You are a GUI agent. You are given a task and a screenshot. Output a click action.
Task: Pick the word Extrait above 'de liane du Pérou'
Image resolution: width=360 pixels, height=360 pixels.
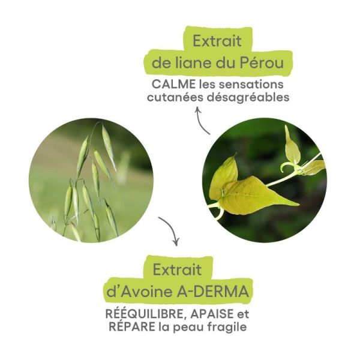217,41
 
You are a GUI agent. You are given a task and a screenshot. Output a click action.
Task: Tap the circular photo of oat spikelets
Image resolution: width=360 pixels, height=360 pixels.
90,180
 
